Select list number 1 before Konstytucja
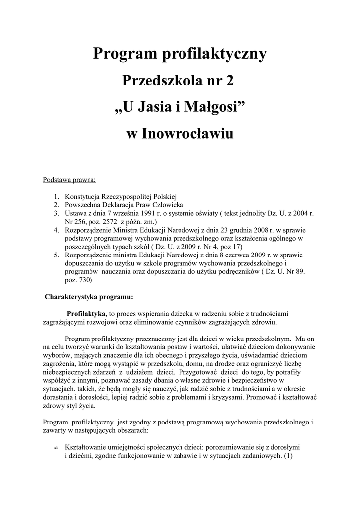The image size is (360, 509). click(x=57, y=196)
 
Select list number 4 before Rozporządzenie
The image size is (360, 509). click(x=57, y=230)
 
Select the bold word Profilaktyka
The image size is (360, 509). click(x=87, y=314)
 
